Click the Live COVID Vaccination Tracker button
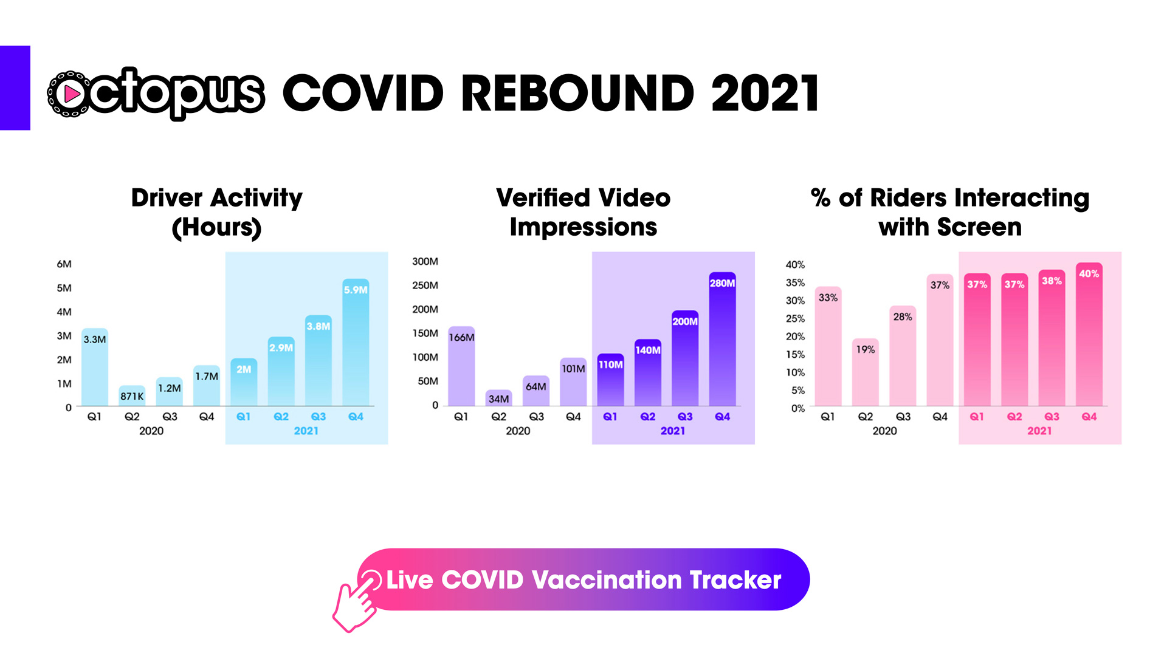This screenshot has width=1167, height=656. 583,579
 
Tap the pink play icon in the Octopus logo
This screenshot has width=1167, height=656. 72,94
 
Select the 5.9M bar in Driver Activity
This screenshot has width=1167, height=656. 356,342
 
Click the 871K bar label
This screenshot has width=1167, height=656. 132,397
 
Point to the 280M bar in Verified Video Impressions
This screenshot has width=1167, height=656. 722,339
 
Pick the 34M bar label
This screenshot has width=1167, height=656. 498,399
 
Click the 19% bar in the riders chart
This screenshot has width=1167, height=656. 866,372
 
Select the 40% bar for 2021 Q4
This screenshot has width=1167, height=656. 1089,334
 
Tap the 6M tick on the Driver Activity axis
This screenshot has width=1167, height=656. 64,264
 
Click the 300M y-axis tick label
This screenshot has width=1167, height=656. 425,261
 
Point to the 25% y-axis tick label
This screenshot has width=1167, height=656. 795,318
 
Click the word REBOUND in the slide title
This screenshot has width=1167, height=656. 578,94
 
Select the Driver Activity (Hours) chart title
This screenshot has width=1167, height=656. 217,213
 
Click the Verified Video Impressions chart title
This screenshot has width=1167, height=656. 583,213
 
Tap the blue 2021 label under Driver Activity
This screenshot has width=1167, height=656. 306,431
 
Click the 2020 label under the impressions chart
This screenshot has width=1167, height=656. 518,431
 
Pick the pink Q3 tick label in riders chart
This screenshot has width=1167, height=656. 1052,417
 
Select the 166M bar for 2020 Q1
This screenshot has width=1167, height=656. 461,366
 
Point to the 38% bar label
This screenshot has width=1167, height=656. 1052,281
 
